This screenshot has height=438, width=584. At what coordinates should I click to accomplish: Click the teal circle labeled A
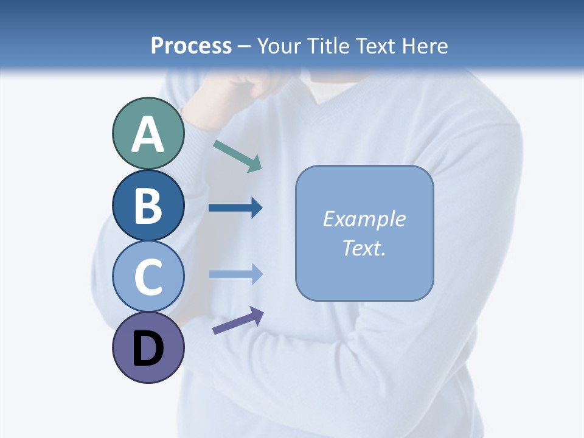pyautogui.click(x=148, y=134)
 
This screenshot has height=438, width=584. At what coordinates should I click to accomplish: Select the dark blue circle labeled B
pyautogui.click(x=148, y=205)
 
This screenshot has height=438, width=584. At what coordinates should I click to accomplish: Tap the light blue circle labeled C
pyautogui.click(x=148, y=276)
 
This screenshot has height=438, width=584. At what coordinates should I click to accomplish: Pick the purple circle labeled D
pyautogui.click(x=148, y=347)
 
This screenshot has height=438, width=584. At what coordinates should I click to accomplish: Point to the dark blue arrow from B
pyautogui.click(x=235, y=208)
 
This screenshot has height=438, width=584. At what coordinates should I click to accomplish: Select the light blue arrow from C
pyautogui.click(x=235, y=274)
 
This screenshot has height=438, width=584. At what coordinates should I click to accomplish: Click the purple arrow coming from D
pyautogui.click(x=237, y=321)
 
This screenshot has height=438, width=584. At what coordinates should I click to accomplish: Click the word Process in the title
pyautogui.click(x=191, y=46)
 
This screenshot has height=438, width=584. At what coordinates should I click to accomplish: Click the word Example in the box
pyautogui.click(x=364, y=219)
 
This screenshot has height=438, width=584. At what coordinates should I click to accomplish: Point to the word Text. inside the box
pyautogui.click(x=364, y=248)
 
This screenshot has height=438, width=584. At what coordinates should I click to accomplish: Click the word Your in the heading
pyautogui.click(x=280, y=46)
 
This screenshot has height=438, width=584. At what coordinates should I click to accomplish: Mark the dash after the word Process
pyautogui.click(x=245, y=47)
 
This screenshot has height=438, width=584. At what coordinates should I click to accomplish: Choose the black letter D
pyautogui.click(x=148, y=349)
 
